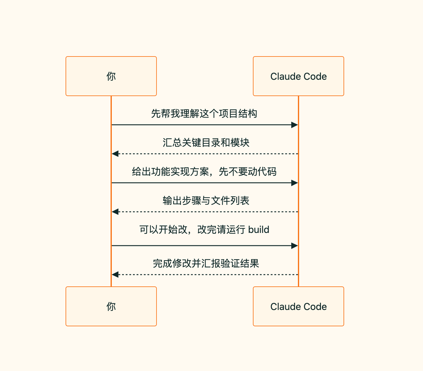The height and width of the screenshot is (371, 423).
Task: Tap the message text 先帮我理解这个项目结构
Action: pos(204,114)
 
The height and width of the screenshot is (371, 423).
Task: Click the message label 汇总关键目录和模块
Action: pos(206,143)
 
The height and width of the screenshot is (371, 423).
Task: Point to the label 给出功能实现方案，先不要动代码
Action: pos(204,172)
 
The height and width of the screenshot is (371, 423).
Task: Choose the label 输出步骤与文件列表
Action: pos(206,201)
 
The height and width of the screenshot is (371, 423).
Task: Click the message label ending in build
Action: pos(204,230)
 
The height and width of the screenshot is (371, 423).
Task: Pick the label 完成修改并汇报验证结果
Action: pos(206,263)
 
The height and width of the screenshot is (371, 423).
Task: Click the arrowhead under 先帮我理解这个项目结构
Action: pos(295,125)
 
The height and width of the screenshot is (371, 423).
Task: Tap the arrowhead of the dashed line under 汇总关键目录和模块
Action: pos(115,154)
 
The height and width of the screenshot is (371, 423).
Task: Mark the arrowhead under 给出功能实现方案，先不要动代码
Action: pos(295,183)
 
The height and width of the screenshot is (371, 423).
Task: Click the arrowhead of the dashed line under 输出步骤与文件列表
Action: pos(115,212)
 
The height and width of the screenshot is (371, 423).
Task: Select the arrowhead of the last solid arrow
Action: pos(295,246)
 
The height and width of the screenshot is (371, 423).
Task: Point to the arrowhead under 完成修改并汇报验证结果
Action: pos(115,275)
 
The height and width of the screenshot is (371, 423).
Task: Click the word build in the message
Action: pos(259,230)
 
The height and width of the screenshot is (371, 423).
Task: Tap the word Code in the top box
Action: pos(315,76)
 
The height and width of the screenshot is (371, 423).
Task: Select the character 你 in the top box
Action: pos(111,76)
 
